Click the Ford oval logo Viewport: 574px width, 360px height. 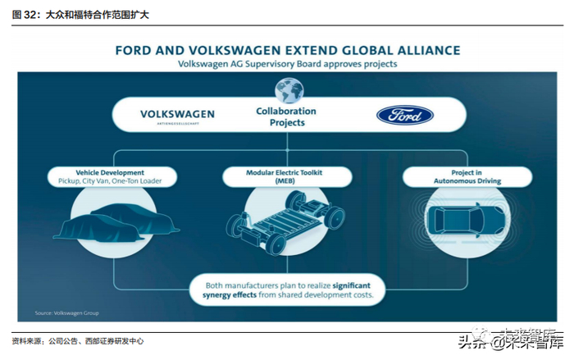(x=405, y=115)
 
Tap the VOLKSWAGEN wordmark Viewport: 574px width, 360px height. (x=177, y=113)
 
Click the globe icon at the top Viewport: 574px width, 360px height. (x=289, y=88)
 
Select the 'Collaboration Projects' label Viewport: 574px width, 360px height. (x=286, y=116)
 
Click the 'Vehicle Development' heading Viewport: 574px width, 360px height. (x=110, y=173)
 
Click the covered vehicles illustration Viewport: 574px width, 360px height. (x=123, y=219)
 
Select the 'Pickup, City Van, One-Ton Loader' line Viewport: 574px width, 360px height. (x=110, y=183)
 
